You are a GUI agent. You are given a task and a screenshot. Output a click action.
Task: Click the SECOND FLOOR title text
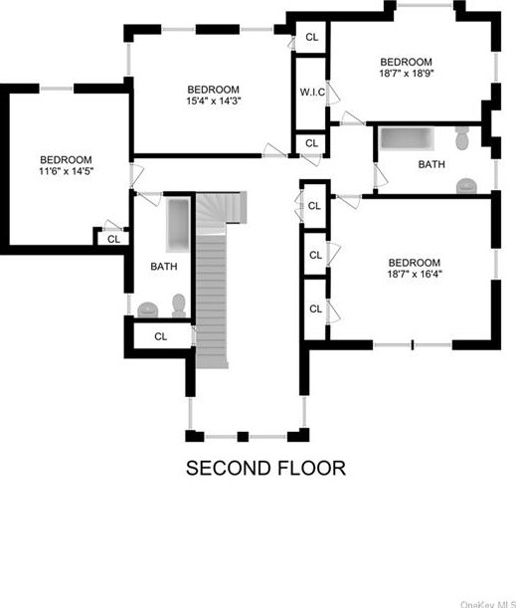[x=265, y=468]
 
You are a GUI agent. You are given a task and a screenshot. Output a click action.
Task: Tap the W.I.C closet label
[x=311, y=93]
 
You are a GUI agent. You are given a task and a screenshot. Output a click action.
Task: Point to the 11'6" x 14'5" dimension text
[x=66, y=172]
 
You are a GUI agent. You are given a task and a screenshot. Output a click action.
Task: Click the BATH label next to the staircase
[x=164, y=266]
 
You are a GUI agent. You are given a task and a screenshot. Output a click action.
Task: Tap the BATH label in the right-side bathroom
[x=431, y=164]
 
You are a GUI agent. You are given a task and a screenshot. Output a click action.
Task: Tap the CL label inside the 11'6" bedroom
[x=113, y=239]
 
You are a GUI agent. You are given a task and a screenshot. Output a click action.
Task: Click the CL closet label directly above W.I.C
[x=311, y=37]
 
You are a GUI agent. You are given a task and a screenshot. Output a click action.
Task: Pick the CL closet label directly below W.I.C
[x=311, y=143]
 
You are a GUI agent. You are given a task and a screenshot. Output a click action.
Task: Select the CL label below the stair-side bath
[x=161, y=336]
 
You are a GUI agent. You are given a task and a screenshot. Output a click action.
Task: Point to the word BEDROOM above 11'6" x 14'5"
[x=66, y=159]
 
